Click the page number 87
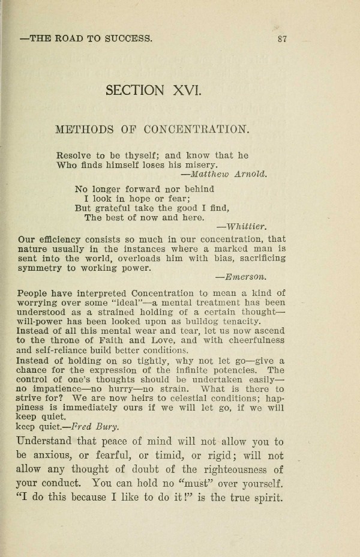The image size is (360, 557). point(283,40)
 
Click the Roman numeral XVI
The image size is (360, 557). point(179,91)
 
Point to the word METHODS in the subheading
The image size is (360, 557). point(80,130)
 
